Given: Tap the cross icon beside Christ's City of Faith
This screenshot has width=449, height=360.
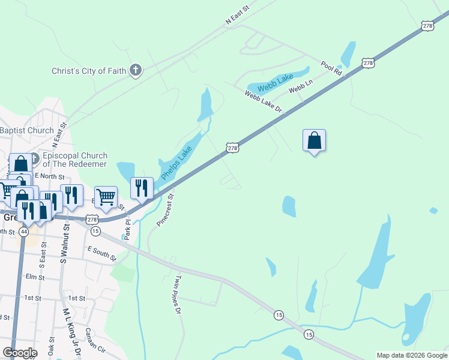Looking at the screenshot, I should (136, 71).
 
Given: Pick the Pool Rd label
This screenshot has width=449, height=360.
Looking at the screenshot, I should (331, 67).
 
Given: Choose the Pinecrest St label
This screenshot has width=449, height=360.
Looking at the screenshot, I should (165, 209).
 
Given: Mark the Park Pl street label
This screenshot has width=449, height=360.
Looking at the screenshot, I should (127, 226).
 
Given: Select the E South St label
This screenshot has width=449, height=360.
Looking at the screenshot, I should (101, 253).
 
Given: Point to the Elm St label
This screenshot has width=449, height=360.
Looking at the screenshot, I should (35, 277).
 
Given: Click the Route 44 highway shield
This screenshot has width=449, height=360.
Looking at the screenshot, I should (24, 231).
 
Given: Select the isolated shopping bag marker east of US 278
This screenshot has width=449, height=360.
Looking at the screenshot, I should (314, 142).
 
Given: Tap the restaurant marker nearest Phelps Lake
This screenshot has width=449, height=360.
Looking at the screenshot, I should (142, 188).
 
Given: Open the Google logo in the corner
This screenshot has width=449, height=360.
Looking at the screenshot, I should (20, 352).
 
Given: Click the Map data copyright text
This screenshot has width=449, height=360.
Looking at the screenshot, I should (411, 355).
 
